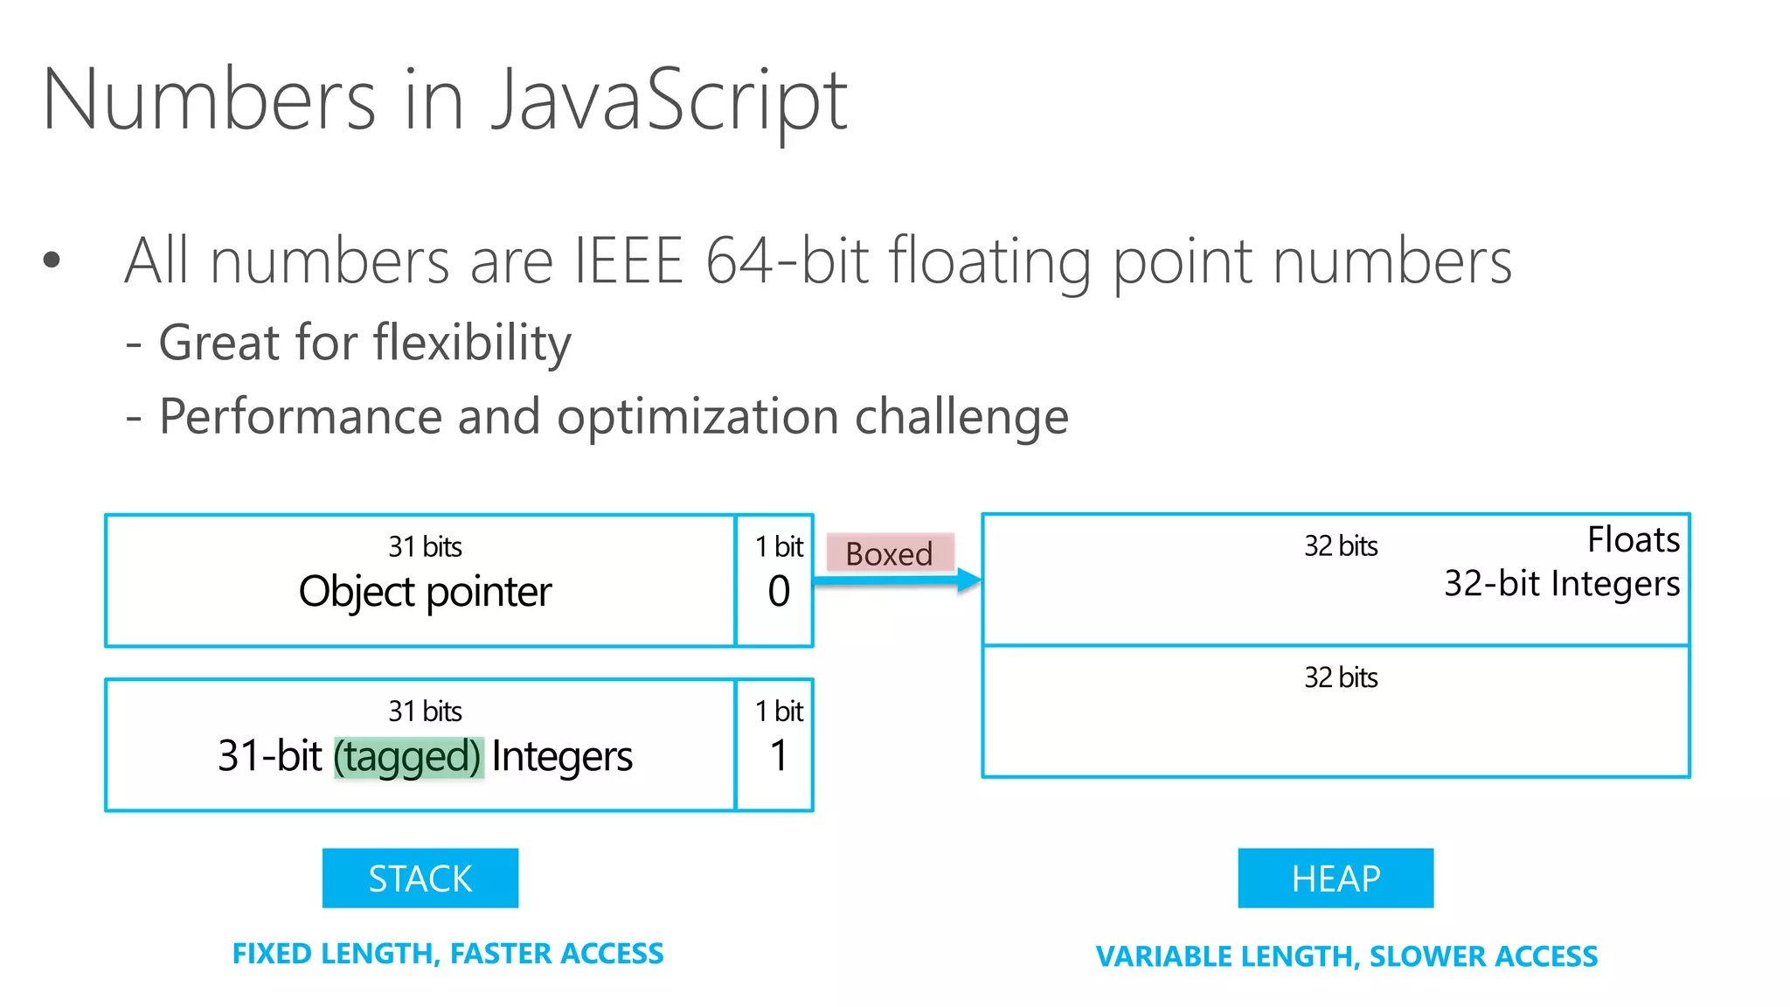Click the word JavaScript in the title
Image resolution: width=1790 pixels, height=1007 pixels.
(x=669, y=101)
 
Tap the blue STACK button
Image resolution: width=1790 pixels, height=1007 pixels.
(x=420, y=879)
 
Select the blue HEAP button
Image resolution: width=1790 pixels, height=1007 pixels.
(x=1336, y=879)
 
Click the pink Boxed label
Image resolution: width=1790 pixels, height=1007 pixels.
(x=889, y=553)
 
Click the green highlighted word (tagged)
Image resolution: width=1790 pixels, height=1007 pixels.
(x=408, y=756)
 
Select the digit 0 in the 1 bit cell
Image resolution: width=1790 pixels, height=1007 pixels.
(x=779, y=592)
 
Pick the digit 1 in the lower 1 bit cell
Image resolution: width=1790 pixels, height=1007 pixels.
(x=779, y=755)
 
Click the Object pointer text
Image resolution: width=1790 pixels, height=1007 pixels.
(x=425, y=592)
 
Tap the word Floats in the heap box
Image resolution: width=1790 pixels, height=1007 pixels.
(x=1633, y=539)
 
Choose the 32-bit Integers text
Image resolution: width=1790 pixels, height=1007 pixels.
(x=1561, y=583)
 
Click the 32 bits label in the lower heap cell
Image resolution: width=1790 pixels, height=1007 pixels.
(x=1341, y=677)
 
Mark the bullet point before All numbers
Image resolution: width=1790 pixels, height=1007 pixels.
(x=52, y=260)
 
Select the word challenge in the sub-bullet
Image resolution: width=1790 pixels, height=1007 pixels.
(x=961, y=416)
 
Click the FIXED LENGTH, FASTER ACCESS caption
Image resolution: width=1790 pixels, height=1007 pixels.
(x=447, y=953)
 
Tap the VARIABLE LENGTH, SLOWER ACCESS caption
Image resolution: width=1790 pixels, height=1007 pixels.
(x=1347, y=956)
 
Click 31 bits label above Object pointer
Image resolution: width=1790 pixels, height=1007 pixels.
(x=425, y=546)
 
